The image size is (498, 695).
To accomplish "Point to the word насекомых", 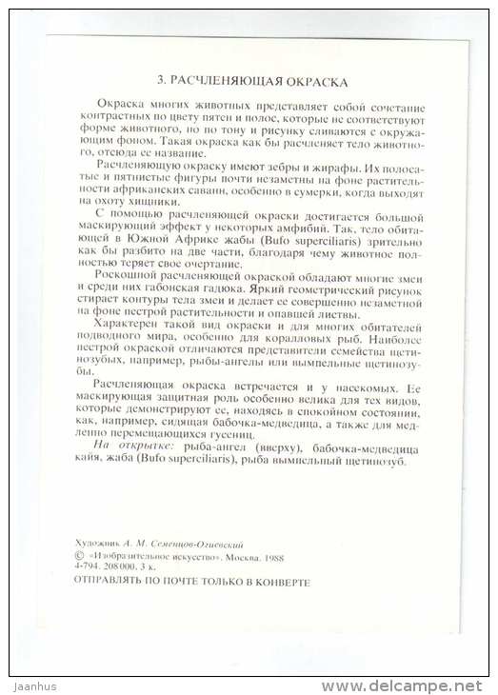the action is point(369,390).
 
